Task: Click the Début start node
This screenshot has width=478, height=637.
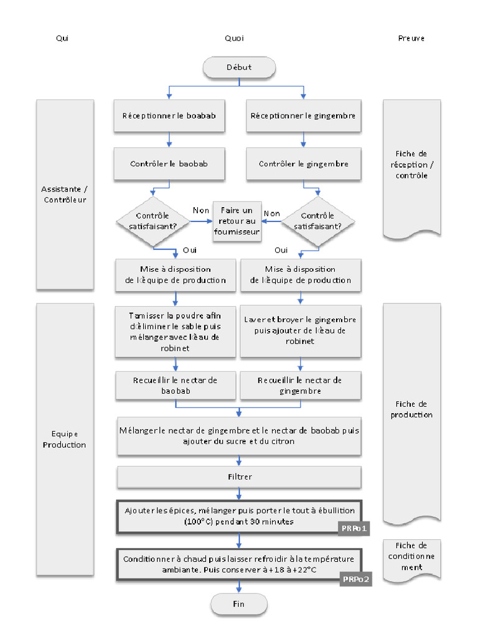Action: [239, 67]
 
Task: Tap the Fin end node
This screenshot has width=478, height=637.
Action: [239, 603]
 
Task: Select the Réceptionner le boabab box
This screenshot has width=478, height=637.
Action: [169, 116]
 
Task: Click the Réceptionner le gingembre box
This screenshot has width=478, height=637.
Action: [303, 116]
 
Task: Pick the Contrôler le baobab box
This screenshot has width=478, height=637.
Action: [169, 164]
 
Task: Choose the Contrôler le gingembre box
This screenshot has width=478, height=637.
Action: [303, 164]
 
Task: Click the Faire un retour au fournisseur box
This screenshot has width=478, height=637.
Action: [237, 221]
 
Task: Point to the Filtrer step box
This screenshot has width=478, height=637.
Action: [239, 477]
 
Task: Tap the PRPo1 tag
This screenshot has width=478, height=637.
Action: [355, 529]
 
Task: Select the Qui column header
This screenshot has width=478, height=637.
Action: [62, 39]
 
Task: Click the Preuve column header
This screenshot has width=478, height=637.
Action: [411, 39]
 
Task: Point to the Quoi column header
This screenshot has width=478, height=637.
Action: [234, 39]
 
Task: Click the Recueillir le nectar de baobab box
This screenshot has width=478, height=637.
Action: [176, 386]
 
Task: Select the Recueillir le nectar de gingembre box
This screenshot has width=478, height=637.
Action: [301, 386]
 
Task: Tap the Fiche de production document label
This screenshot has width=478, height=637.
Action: [411, 409]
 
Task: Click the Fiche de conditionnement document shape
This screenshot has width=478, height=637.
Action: [411, 560]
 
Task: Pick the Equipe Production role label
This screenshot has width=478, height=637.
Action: [65, 439]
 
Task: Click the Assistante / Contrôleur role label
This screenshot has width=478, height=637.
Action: [65, 195]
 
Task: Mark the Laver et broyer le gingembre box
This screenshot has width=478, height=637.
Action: [301, 330]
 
